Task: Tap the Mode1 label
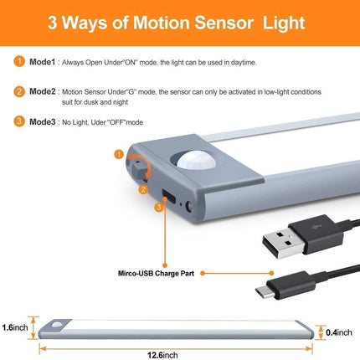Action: [x=43, y=62]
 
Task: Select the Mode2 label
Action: [x=43, y=91]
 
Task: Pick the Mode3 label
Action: [x=43, y=121]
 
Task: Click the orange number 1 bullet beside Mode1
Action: [x=19, y=61]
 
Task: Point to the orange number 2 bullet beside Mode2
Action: [x=19, y=91]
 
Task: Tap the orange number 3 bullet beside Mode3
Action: [x=19, y=121]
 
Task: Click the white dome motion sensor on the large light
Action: [x=197, y=160]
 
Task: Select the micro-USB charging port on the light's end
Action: [x=168, y=196]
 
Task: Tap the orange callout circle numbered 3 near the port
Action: [x=159, y=208]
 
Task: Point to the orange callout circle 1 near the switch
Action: [x=119, y=154]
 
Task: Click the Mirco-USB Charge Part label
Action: [x=156, y=273]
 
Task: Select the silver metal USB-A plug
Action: [x=284, y=244]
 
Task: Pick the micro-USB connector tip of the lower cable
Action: [x=264, y=292]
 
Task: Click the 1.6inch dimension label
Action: [x=15, y=327]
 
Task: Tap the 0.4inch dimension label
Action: [x=339, y=332]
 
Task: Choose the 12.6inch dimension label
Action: [x=162, y=355]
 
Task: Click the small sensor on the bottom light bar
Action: [x=57, y=325]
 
